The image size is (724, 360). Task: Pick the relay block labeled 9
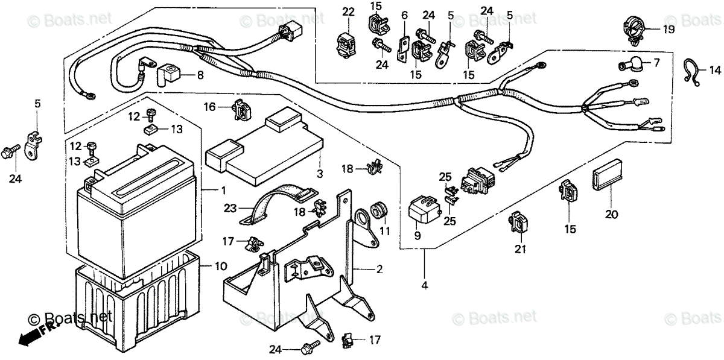click(x=426, y=208)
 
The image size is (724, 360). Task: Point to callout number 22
click(x=348, y=11)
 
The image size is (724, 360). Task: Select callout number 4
click(x=424, y=285)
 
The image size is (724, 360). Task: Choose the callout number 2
click(x=379, y=268)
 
